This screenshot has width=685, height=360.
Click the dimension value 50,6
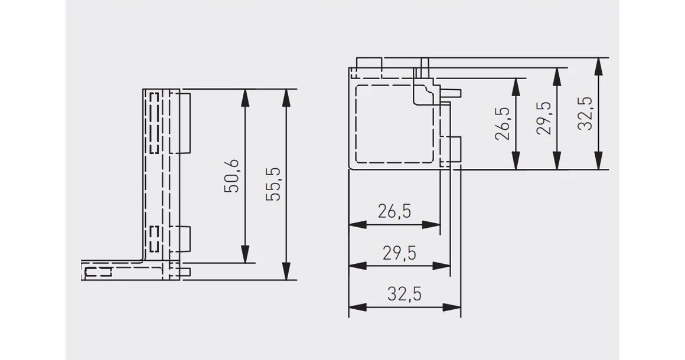pos(231,176)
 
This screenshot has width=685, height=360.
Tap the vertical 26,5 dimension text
pos(503,123)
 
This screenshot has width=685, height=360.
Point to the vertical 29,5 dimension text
pos(543,118)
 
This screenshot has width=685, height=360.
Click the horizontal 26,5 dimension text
pos(394,212)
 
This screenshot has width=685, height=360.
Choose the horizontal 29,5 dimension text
pos(400,253)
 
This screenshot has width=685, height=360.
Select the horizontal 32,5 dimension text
pos(405,294)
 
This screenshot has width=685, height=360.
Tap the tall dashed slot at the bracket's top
pos(154,123)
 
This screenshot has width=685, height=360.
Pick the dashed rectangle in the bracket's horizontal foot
pos(98,273)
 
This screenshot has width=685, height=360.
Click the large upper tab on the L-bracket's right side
pos(185,123)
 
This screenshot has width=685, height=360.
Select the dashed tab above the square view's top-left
pos(370,68)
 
